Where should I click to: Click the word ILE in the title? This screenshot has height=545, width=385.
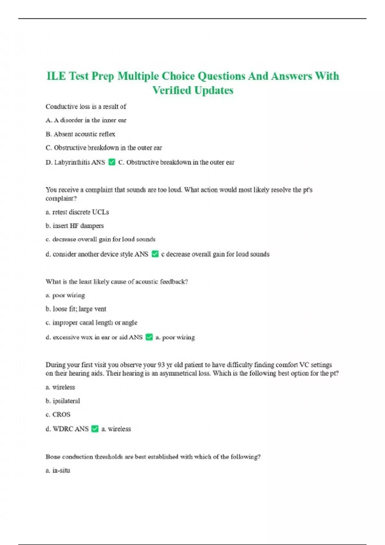click(56, 76)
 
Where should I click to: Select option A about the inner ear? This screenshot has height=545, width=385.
click(86, 120)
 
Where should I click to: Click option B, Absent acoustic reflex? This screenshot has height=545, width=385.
click(80, 134)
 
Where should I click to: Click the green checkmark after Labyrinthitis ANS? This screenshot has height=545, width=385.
click(112, 162)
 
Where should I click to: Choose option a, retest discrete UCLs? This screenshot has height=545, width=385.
click(77, 212)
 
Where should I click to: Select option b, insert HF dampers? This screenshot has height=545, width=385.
click(74, 226)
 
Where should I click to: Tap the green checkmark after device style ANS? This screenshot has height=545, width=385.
click(155, 254)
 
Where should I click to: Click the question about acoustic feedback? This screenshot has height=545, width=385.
click(116, 281)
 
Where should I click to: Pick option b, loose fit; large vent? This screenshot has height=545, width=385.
click(76, 309)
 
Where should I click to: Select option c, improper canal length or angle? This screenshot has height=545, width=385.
click(91, 323)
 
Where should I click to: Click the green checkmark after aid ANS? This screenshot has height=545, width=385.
click(149, 337)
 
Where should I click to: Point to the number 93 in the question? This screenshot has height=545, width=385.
click(161, 365)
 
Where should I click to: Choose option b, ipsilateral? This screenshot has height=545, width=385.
click(63, 401)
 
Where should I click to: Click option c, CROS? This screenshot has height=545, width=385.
click(58, 415)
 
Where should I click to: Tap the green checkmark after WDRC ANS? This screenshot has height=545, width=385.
click(95, 429)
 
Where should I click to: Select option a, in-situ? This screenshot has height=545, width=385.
click(58, 470)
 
